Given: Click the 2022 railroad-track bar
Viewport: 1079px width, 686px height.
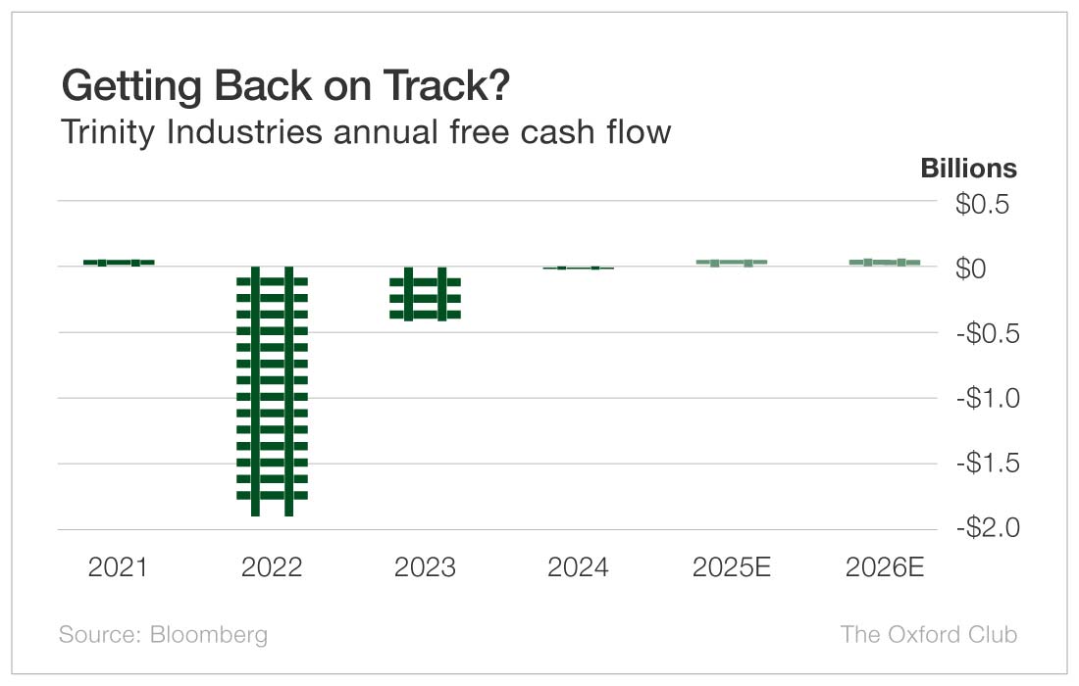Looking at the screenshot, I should click(x=272, y=390).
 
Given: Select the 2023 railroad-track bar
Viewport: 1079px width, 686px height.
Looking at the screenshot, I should click(x=425, y=294).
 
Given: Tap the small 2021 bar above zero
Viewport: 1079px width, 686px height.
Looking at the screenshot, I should click(x=118, y=263).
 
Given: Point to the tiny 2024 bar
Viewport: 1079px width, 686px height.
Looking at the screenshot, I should click(x=578, y=268).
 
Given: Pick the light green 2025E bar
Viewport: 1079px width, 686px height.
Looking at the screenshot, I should click(x=731, y=263).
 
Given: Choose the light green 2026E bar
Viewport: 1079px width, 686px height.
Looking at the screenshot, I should click(x=884, y=263).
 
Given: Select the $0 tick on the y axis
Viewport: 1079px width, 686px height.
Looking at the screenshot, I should click(x=971, y=268).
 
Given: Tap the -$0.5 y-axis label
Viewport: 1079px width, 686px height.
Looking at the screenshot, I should click(x=987, y=333).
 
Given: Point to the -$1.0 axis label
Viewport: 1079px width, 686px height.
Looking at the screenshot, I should click(x=987, y=398).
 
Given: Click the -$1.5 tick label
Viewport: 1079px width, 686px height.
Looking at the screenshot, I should click(x=987, y=464).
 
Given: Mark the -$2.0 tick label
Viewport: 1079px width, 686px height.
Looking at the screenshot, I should click(x=987, y=528).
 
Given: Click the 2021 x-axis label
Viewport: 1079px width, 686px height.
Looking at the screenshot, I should click(x=118, y=567).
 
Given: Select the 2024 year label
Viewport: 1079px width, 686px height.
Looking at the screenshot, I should click(x=578, y=567).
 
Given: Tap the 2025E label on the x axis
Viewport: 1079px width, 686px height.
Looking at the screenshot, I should click(x=731, y=567).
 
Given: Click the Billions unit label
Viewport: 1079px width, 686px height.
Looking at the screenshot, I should click(x=968, y=169).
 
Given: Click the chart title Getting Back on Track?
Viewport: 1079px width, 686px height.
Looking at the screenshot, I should click(x=285, y=87).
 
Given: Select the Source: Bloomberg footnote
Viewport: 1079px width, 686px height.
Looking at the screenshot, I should click(x=163, y=634).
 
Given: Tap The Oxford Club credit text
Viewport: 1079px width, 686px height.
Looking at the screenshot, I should click(x=928, y=634).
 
